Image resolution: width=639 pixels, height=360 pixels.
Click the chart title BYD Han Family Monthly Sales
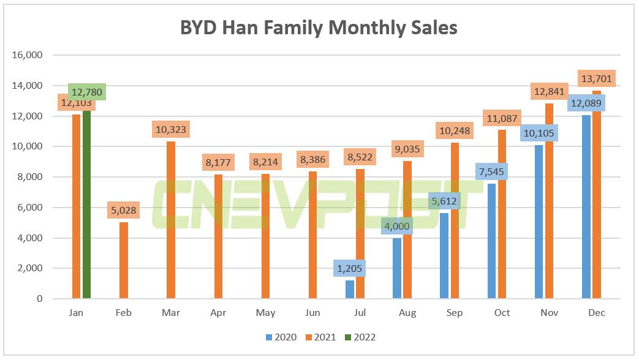point(319,28)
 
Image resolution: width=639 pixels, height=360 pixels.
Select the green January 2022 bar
point(86,202)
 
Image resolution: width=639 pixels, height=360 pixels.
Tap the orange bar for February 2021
point(124,260)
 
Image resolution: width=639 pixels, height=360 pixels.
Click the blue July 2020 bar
point(350,290)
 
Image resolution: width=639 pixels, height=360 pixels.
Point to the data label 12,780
point(86,92)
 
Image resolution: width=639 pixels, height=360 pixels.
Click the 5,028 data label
point(124,211)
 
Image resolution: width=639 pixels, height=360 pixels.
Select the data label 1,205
point(350,268)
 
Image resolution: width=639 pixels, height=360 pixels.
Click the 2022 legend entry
point(358,337)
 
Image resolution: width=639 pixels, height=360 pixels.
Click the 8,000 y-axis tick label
point(29,177)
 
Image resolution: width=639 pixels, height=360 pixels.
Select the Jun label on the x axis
point(312,313)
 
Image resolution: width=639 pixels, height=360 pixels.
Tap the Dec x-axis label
point(596,313)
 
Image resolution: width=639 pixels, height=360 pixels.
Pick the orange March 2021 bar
point(171,220)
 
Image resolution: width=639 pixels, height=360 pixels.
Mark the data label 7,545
point(492,171)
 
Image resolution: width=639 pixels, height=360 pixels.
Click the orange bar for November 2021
point(549,202)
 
